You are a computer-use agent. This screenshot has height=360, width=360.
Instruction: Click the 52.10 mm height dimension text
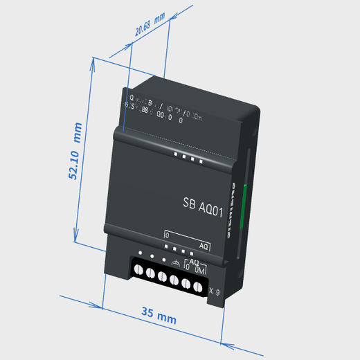pyautogui.click(x=74, y=152)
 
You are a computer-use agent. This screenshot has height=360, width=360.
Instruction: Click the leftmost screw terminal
pyautogui.click(x=138, y=271)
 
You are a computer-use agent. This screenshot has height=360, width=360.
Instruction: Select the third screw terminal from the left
pyautogui.click(x=162, y=278)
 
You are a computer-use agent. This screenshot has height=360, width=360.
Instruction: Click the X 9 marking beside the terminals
pyautogui.click(x=214, y=291)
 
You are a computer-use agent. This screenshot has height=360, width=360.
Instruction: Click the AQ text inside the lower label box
pyautogui.click(x=204, y=246)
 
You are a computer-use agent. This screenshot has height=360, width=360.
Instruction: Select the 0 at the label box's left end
pyautogui.click(x=167, y=235)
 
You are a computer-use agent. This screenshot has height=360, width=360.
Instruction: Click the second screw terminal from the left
pyautogui.click(x=150, y=274)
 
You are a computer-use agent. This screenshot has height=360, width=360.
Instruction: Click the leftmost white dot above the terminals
pyautogui.click(x=140, y=253)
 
